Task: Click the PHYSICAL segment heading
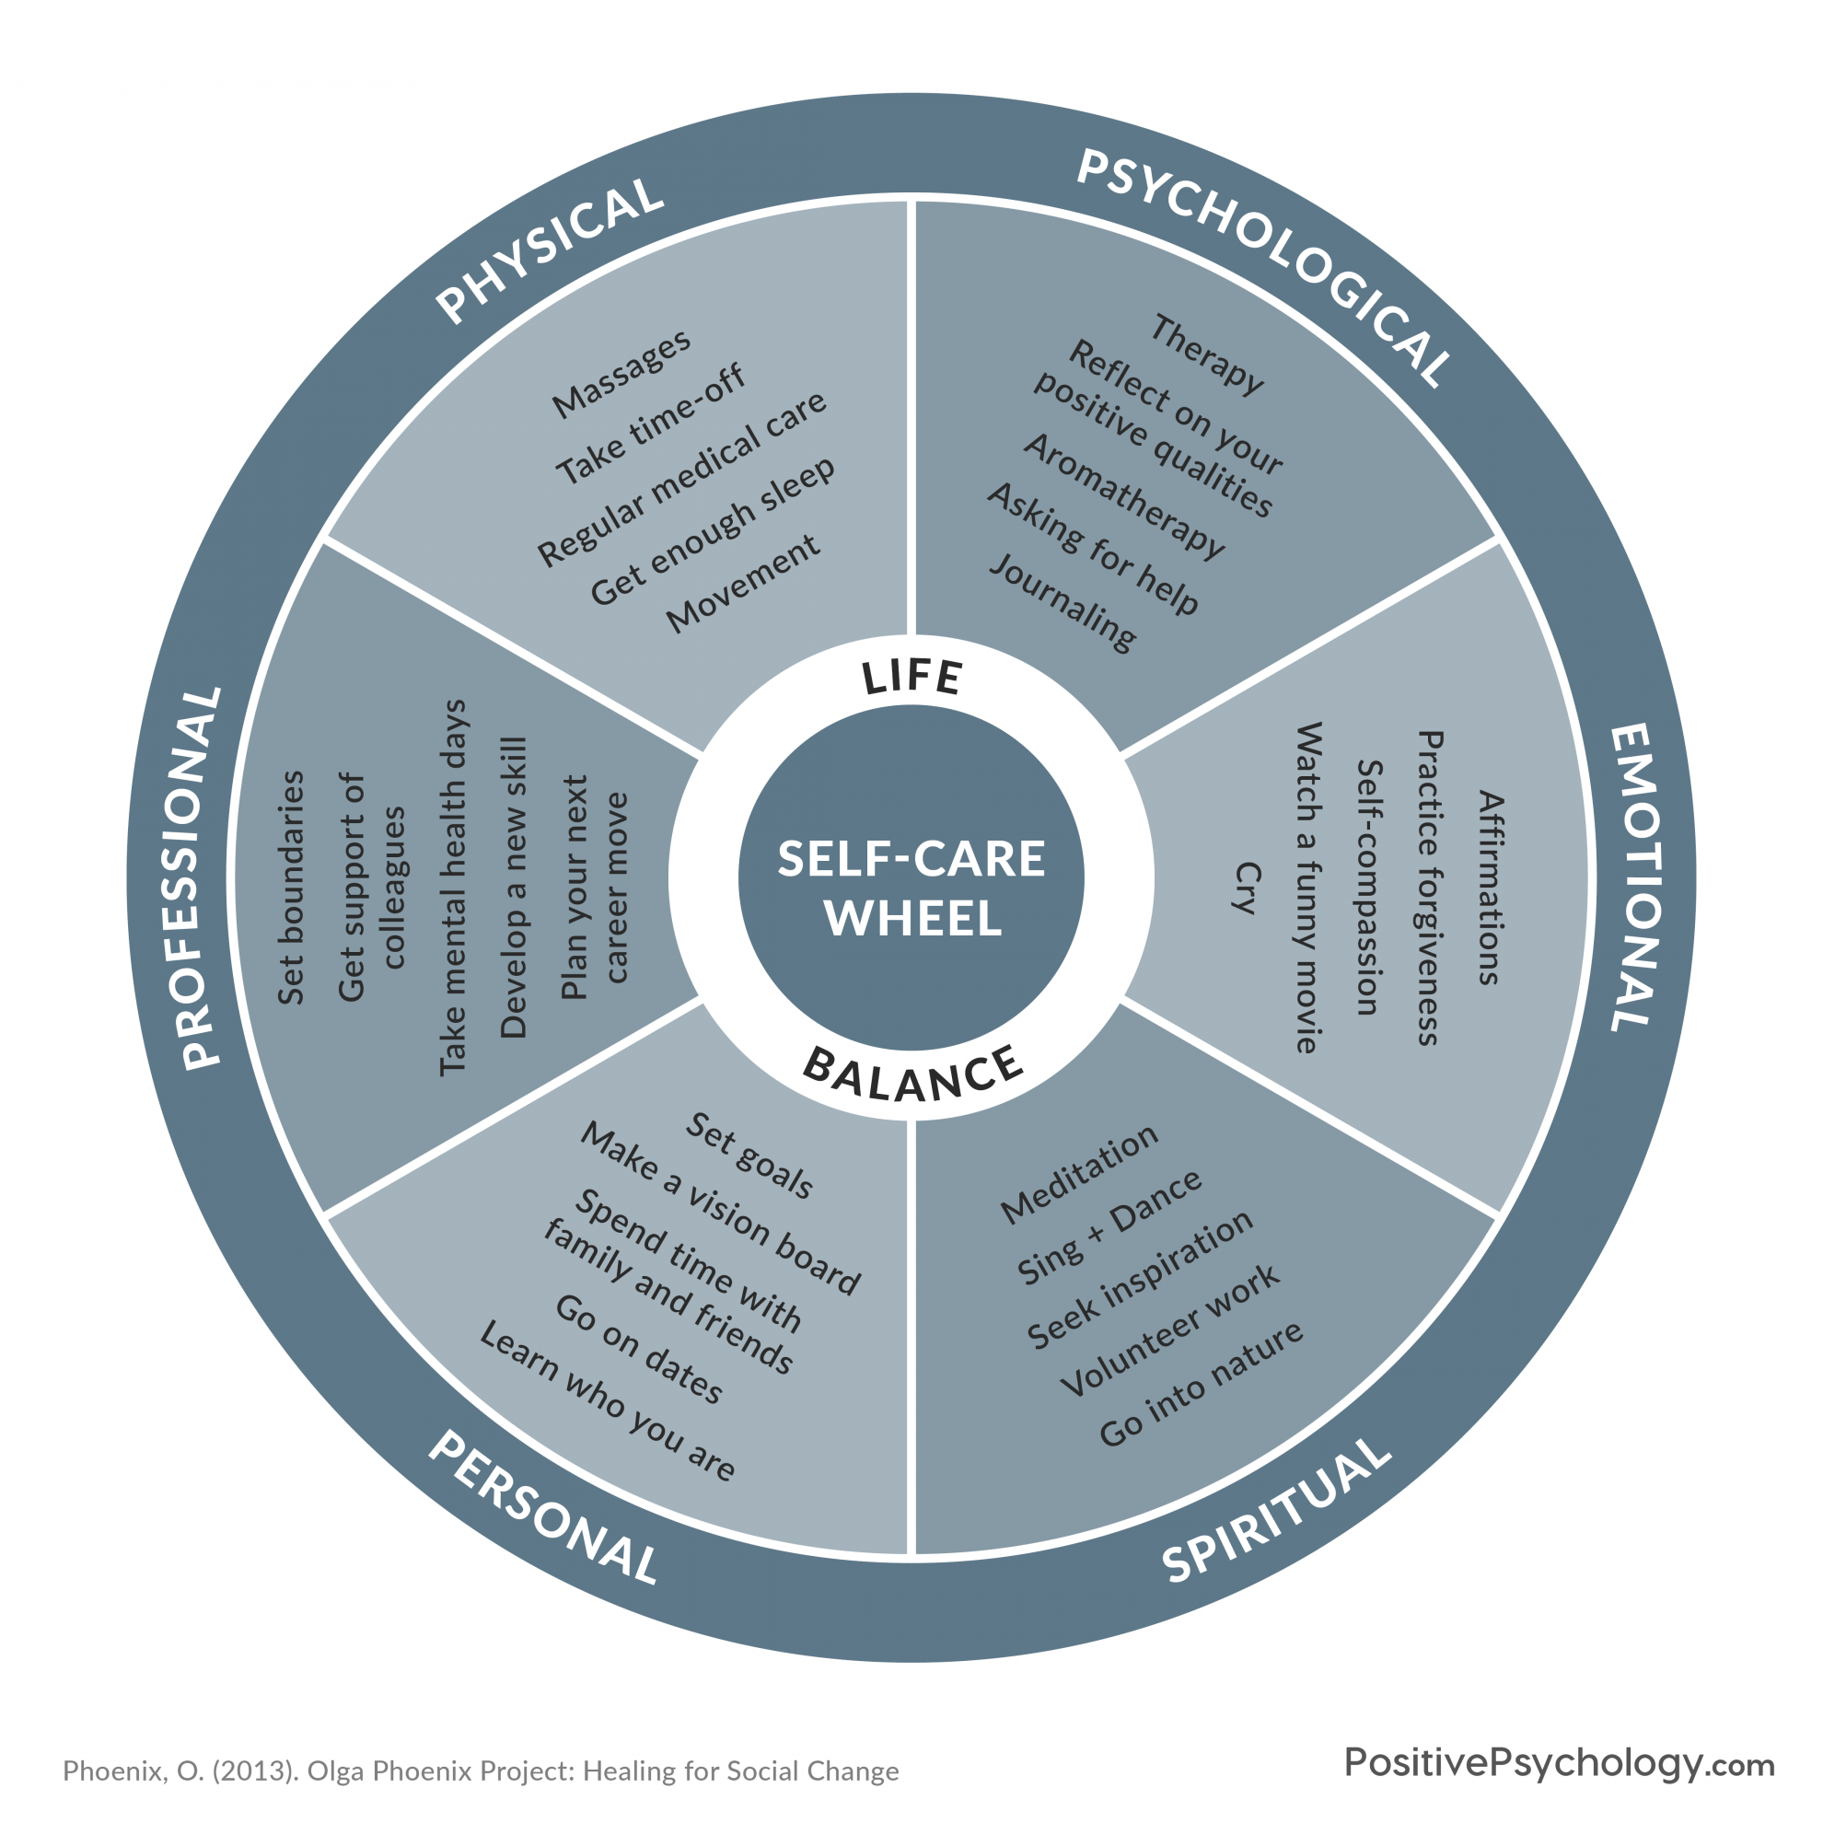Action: coord(550,250)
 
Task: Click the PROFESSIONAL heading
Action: coord(199,877)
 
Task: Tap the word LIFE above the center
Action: coord(912,678)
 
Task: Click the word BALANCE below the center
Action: coord(912,1075)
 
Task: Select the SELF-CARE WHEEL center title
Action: coord(911,888)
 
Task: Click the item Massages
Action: coord(621,375)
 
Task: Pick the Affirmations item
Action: coord(1490,888)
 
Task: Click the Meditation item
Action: coord(1078,1175)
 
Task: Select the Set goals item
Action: coord(749,1155)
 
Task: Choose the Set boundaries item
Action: coord(291,888)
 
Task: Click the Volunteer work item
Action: coord(1169,1331)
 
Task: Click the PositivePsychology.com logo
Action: coord(1559,1762)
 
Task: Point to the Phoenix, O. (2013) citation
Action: coord(481,1771)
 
